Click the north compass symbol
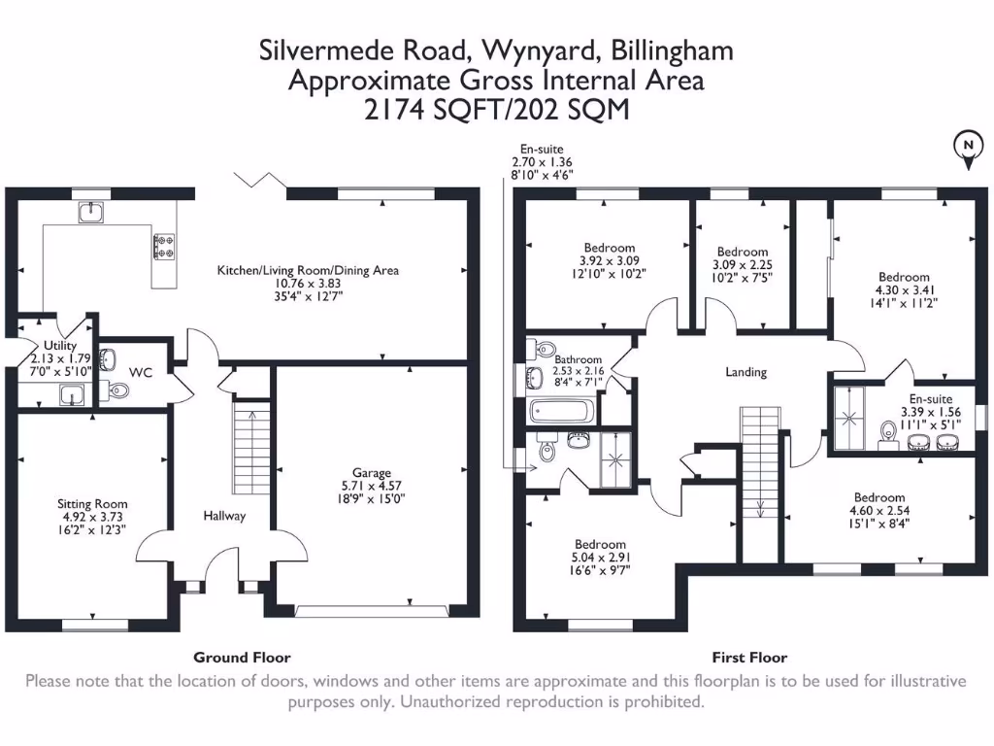pyautogui.click(x=968, y=149)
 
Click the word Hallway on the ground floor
pyautogui.click(x=224, y=516)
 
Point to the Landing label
pyautogui.click(x=745, y=372)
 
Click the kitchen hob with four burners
pyautogui.click(x=162, y=246)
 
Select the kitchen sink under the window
pyautogui.click(x=91, y=212)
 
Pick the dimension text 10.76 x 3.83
pyautogui.click(x=308, y=285)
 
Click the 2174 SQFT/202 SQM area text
pyautogui.click(x=496, y=110)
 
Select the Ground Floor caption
pyautogui.click(x=242, y=658)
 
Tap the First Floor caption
pyautogui.click(x=749, y=658)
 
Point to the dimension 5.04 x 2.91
pyautogui.click(x=600, y=558)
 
